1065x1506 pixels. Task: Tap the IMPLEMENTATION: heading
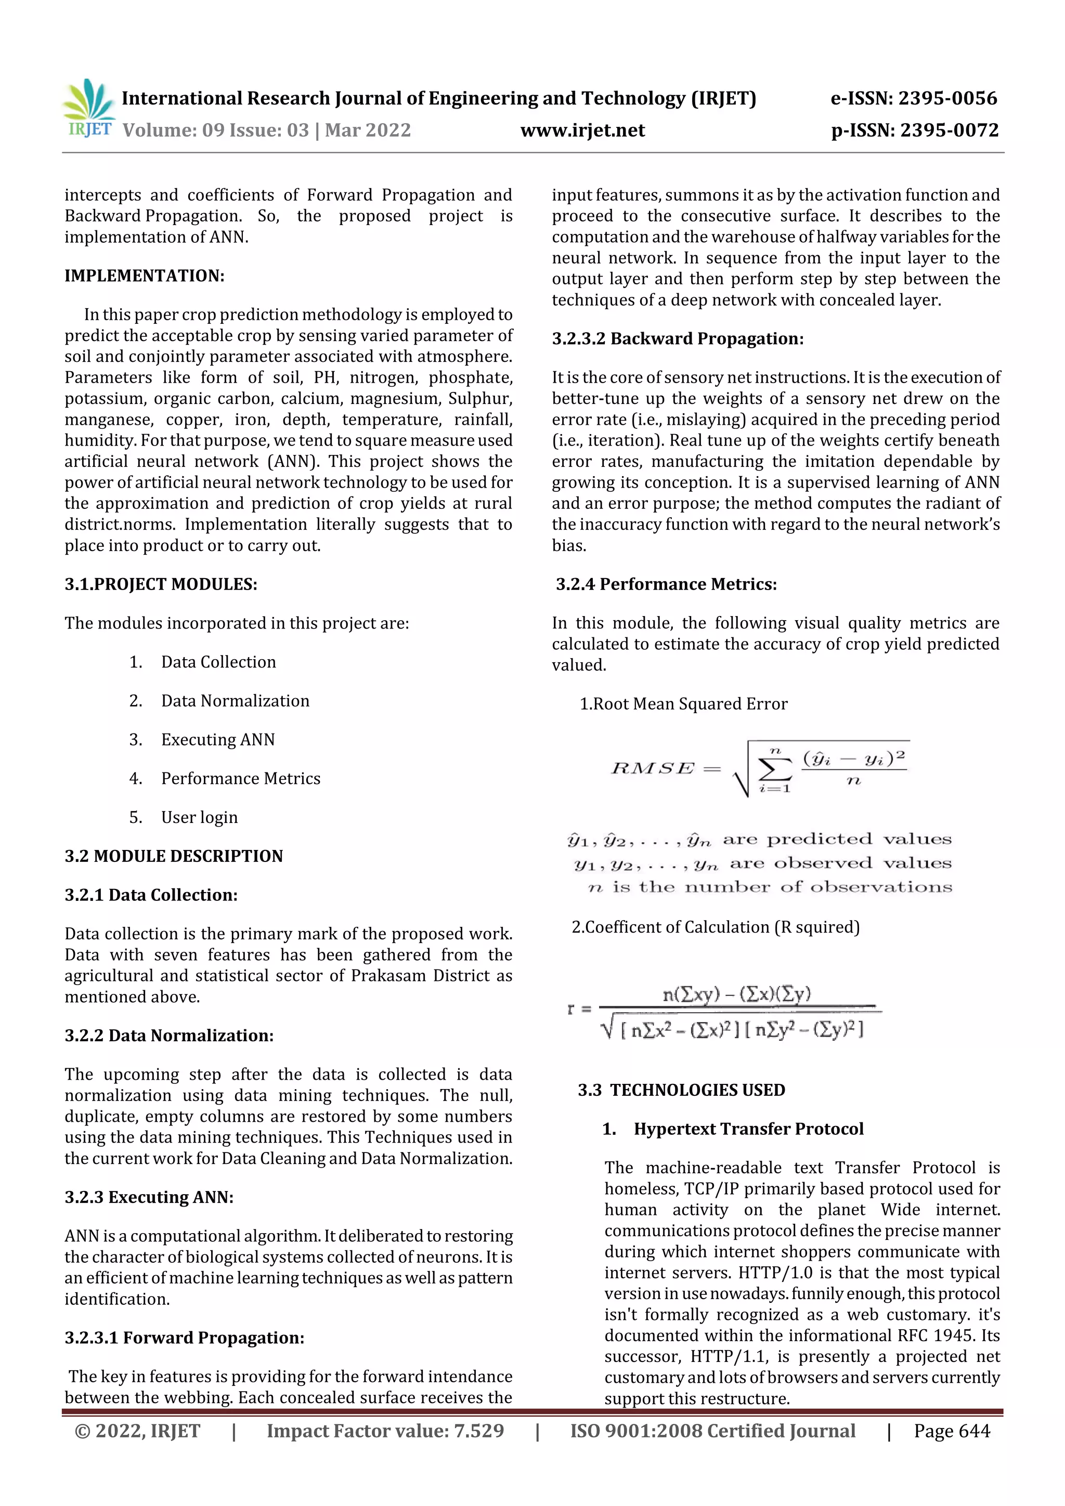[145, 276]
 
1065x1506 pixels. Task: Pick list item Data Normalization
[235, 701]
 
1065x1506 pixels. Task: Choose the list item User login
[200, 817]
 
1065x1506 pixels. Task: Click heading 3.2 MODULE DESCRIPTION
[174, 856]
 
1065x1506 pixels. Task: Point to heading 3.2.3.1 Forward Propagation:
[185, 1338]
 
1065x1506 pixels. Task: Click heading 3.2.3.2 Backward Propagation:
[677, 338]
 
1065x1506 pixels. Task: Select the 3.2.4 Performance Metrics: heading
[666, 584]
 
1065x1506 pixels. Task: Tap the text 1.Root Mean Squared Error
[683, 704]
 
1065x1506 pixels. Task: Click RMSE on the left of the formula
[652, 768]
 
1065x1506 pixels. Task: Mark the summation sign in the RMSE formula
[774, 769]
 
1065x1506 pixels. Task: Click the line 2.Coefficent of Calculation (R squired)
[715, 927]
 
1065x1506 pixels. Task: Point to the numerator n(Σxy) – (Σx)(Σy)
[736, 994]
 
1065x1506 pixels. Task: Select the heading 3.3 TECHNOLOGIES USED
[681, 1090]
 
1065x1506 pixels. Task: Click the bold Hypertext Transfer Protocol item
[748, 1128]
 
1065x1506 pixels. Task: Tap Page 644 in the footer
[952, 1431]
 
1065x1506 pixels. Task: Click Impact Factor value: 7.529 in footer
[385, 1431]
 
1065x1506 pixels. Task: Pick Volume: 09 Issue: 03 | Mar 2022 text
[266, 130]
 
